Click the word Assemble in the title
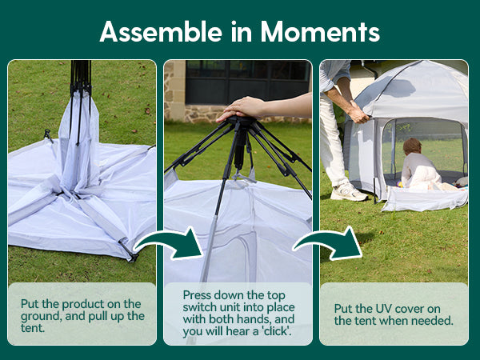click(161, 31)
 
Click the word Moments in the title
click(320, 31)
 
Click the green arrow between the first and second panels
click(169, 243)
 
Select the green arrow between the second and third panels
click(327, 243)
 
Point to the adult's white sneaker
click(349, 192)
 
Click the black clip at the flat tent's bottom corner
click(129, 250)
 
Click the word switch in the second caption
click(200, 307)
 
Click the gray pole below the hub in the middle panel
click(210, 247)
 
